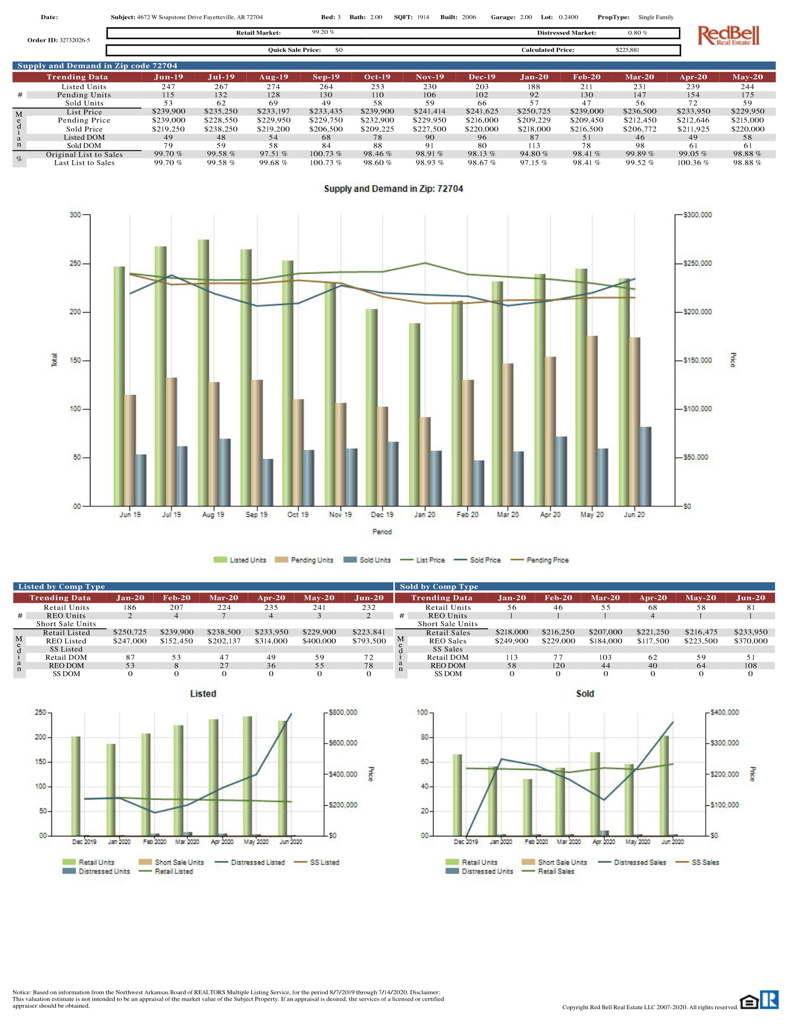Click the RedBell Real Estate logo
(728, 36)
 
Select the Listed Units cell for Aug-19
(273, 87)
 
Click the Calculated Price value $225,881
(627, 50)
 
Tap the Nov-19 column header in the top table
(429, 77)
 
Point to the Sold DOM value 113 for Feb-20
(534, 146)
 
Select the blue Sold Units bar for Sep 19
(268, 482)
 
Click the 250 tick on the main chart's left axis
(75, 263)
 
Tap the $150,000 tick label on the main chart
(697, 361)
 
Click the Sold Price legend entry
(484, 560)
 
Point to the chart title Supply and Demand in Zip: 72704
(393, 189)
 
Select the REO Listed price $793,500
(369, 641)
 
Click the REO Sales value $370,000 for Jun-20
(750, 641)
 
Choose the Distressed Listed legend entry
(257, 862)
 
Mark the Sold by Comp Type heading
(439, 587)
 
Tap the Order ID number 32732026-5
(74, 40)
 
